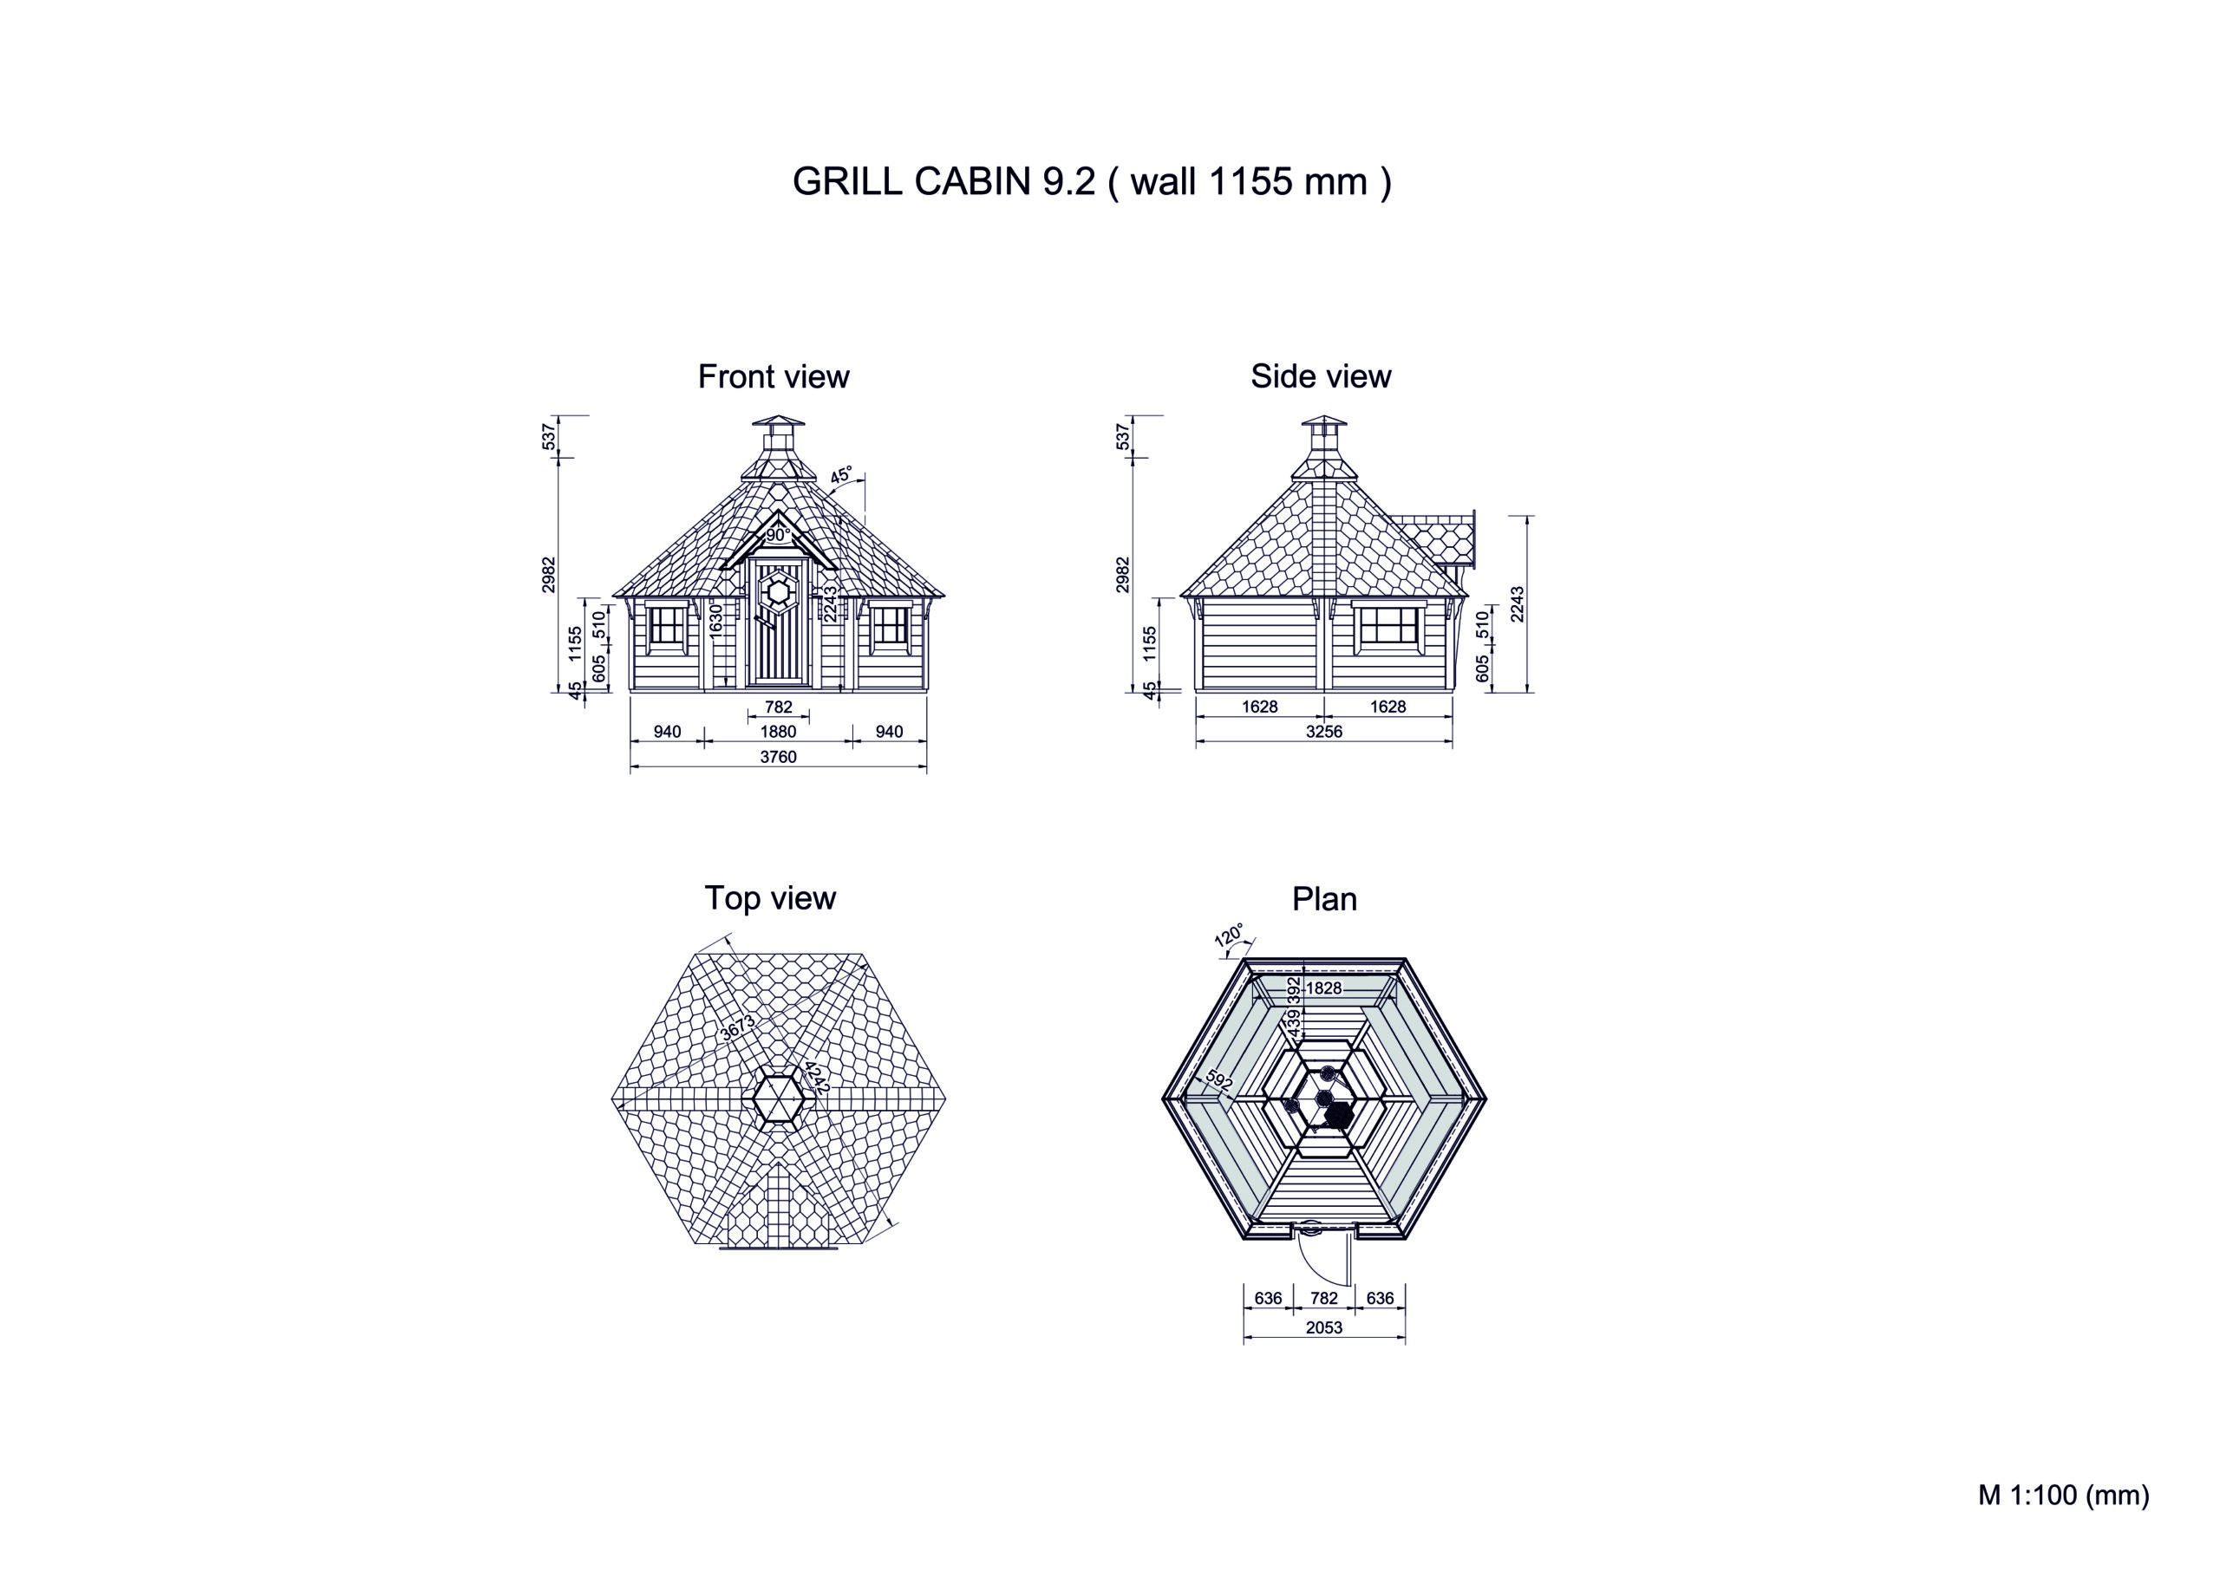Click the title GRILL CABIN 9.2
coord(944,182)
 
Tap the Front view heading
coord(774,376)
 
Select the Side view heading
coord(1321,376)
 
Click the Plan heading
coord(1324,900)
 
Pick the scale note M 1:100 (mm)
coord(2063,1495)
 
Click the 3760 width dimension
coord(778,757)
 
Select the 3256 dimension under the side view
coord(1324,732)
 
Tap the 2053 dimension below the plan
coord(1324,1327)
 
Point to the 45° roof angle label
coord(841,475)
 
